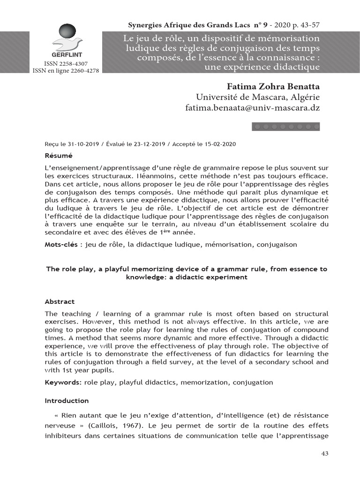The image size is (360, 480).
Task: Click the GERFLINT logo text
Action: pos(67,54)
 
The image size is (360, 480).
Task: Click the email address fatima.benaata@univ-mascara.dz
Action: pos(253,108)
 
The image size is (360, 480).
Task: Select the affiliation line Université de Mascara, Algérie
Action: pos(257,97)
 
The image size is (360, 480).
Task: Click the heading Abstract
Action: pos(60,301)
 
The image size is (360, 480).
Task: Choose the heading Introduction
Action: pos(67,401)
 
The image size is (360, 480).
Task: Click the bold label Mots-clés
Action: pos(60,244)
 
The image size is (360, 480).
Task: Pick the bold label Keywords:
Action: pos(63,382)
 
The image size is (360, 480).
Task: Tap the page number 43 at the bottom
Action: pos(324,454)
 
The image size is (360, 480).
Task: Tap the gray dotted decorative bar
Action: pos(286,127)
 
